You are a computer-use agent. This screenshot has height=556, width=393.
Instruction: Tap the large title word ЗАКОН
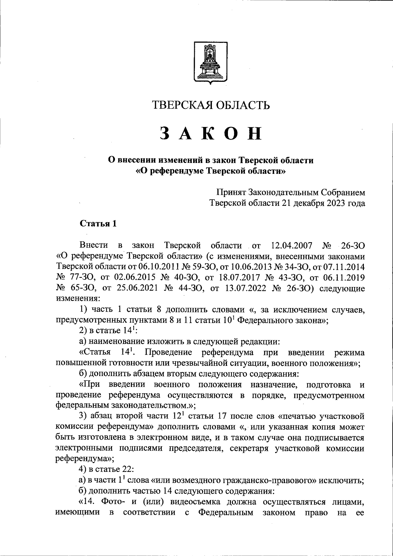coord(211,134)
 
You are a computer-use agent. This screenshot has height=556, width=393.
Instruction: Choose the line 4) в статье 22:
coord(106,469)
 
